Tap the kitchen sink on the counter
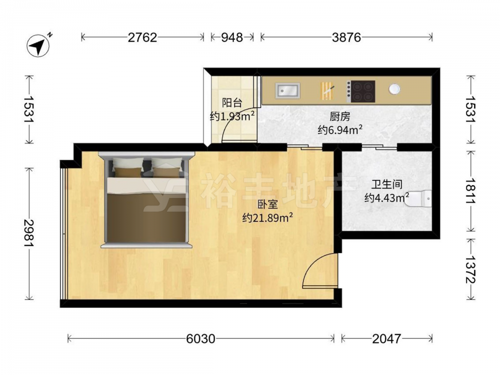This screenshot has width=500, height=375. (287, 90)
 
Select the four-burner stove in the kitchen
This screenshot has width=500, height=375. (361, 91)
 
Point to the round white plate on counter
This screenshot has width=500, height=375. (394, 89)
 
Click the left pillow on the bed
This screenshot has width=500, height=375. (128, 167)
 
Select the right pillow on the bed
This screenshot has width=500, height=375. (166, 167)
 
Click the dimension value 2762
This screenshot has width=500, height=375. (142, 37)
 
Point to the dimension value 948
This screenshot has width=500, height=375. (232, 37)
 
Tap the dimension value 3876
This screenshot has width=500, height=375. (346, 37)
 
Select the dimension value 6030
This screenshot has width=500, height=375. (200, 338)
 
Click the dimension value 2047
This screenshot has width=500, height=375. (386, 338)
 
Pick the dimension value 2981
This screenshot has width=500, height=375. (29, 233)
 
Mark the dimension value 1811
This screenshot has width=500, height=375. (470, 190)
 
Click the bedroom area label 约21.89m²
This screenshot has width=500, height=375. (268, 218)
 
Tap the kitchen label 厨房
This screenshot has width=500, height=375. (340, 117)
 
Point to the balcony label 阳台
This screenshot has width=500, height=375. (232, 103)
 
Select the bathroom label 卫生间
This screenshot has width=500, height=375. (387, 184)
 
